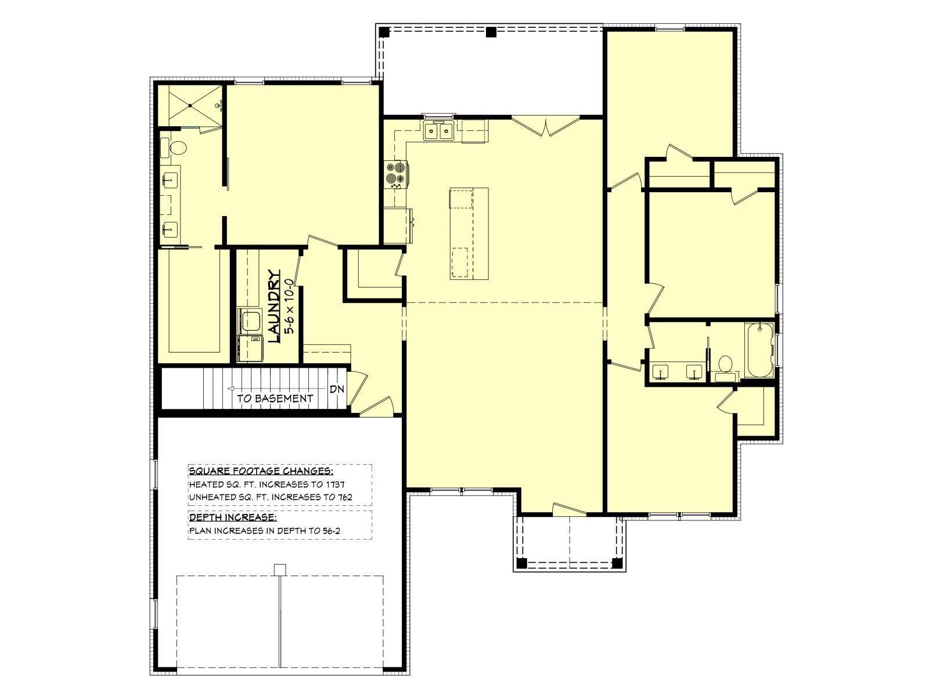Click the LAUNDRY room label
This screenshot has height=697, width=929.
click(x=274, y=306)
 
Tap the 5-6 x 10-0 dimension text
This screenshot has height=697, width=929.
click(x=290, y=306)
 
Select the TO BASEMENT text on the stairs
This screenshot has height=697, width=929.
click(x=275, y=398)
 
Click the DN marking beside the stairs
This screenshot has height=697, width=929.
click(x=337, y=389)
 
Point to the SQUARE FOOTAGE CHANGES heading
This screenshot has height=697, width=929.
click(x=261, y=471)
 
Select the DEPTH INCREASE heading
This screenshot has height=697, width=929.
click(x=233, y=517)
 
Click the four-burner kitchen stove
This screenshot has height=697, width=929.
click(x=396, y=174)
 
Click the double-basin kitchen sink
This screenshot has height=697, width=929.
click(x=438, y=130)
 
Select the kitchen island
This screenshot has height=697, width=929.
click(x=469, y=233)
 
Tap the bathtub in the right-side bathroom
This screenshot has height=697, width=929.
click(x=759, y=350)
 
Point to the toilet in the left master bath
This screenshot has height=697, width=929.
click(x=177, y=148)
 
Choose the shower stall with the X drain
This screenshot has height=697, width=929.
click(x=190, y=105)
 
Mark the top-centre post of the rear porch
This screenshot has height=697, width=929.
click(x=491, y=32)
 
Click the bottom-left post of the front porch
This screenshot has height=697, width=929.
click(x=522, y=563)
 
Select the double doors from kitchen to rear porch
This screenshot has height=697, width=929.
click(x=546, y=127)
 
